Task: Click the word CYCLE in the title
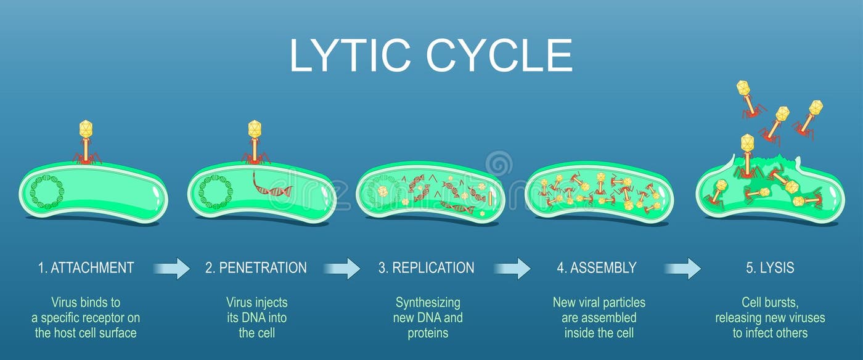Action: coord(499,56)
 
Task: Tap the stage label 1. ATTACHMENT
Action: coord(86,268)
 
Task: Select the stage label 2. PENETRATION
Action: coord(256,268)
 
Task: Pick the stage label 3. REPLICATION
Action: coord(427,268)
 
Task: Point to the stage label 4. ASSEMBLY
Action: coord(597,268)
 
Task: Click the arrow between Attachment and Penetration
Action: coord(171,269)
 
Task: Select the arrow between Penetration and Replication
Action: coord(342,269)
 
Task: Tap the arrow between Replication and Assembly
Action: coord(512,269)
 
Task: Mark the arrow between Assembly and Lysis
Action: coord(682,269)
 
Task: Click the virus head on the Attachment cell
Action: coord(86,128)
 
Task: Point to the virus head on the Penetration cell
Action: coord(255,128)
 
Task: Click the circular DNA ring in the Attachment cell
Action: coord(47,192)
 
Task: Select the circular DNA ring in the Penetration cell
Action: coord(216,192)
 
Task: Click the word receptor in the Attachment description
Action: coord(118,318)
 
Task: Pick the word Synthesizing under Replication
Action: coord(428,303)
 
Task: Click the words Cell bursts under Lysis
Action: coord(769,303)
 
